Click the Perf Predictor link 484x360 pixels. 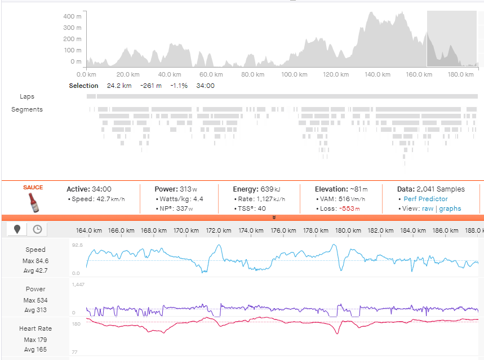[x=425, y=199]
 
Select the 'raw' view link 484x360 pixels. [x=428, y=208]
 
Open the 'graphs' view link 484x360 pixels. [x=450, y=208]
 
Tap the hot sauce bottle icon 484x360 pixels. [x=33, y=202]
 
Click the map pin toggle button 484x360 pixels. [x=17, y=229]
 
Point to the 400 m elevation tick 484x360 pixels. [x=72, y=16]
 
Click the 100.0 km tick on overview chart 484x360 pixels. [x=295, y=74]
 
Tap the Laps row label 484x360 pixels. [x=27, y=97]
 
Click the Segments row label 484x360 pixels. [x=27, y=109]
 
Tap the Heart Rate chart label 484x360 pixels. [x=35, y=329]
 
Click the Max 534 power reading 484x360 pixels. [x=35, y=300]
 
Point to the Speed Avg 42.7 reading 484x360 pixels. [x=35, y=270]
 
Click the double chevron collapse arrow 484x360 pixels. [x=274, y=217]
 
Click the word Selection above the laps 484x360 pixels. [x=83, y=86]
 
